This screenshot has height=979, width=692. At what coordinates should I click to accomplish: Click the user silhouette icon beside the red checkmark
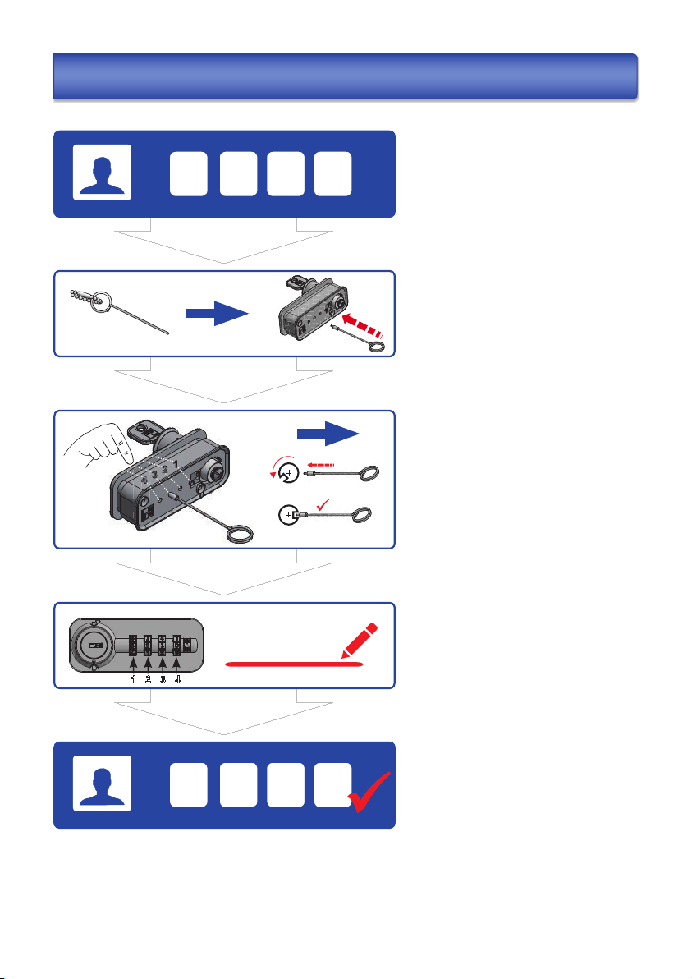(x=102, y=783)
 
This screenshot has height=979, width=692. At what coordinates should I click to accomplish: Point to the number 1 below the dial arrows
(x=132, y=679)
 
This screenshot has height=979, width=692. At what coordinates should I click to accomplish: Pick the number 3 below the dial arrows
(x=163, y=679)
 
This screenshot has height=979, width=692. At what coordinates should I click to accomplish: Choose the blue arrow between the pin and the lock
(x=217, y=313)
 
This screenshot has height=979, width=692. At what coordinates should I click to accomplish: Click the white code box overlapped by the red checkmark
(x=333, y=783)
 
